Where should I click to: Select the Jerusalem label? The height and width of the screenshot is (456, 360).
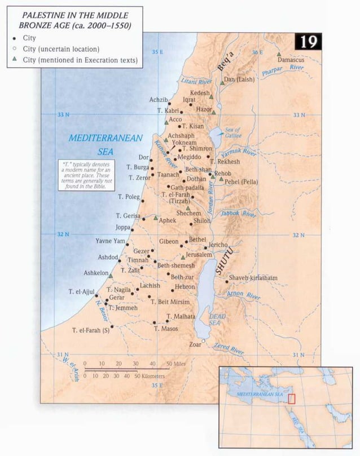point(199,255)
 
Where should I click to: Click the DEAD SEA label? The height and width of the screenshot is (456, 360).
point(217,320)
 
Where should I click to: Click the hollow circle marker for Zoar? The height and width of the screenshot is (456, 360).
point(204,342)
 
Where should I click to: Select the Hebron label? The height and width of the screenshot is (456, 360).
point(185,287)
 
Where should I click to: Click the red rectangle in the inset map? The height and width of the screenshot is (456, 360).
point(292,399)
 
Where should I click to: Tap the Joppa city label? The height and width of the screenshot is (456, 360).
point(122,228)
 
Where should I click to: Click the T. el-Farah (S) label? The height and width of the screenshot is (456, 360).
point(90,330)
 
